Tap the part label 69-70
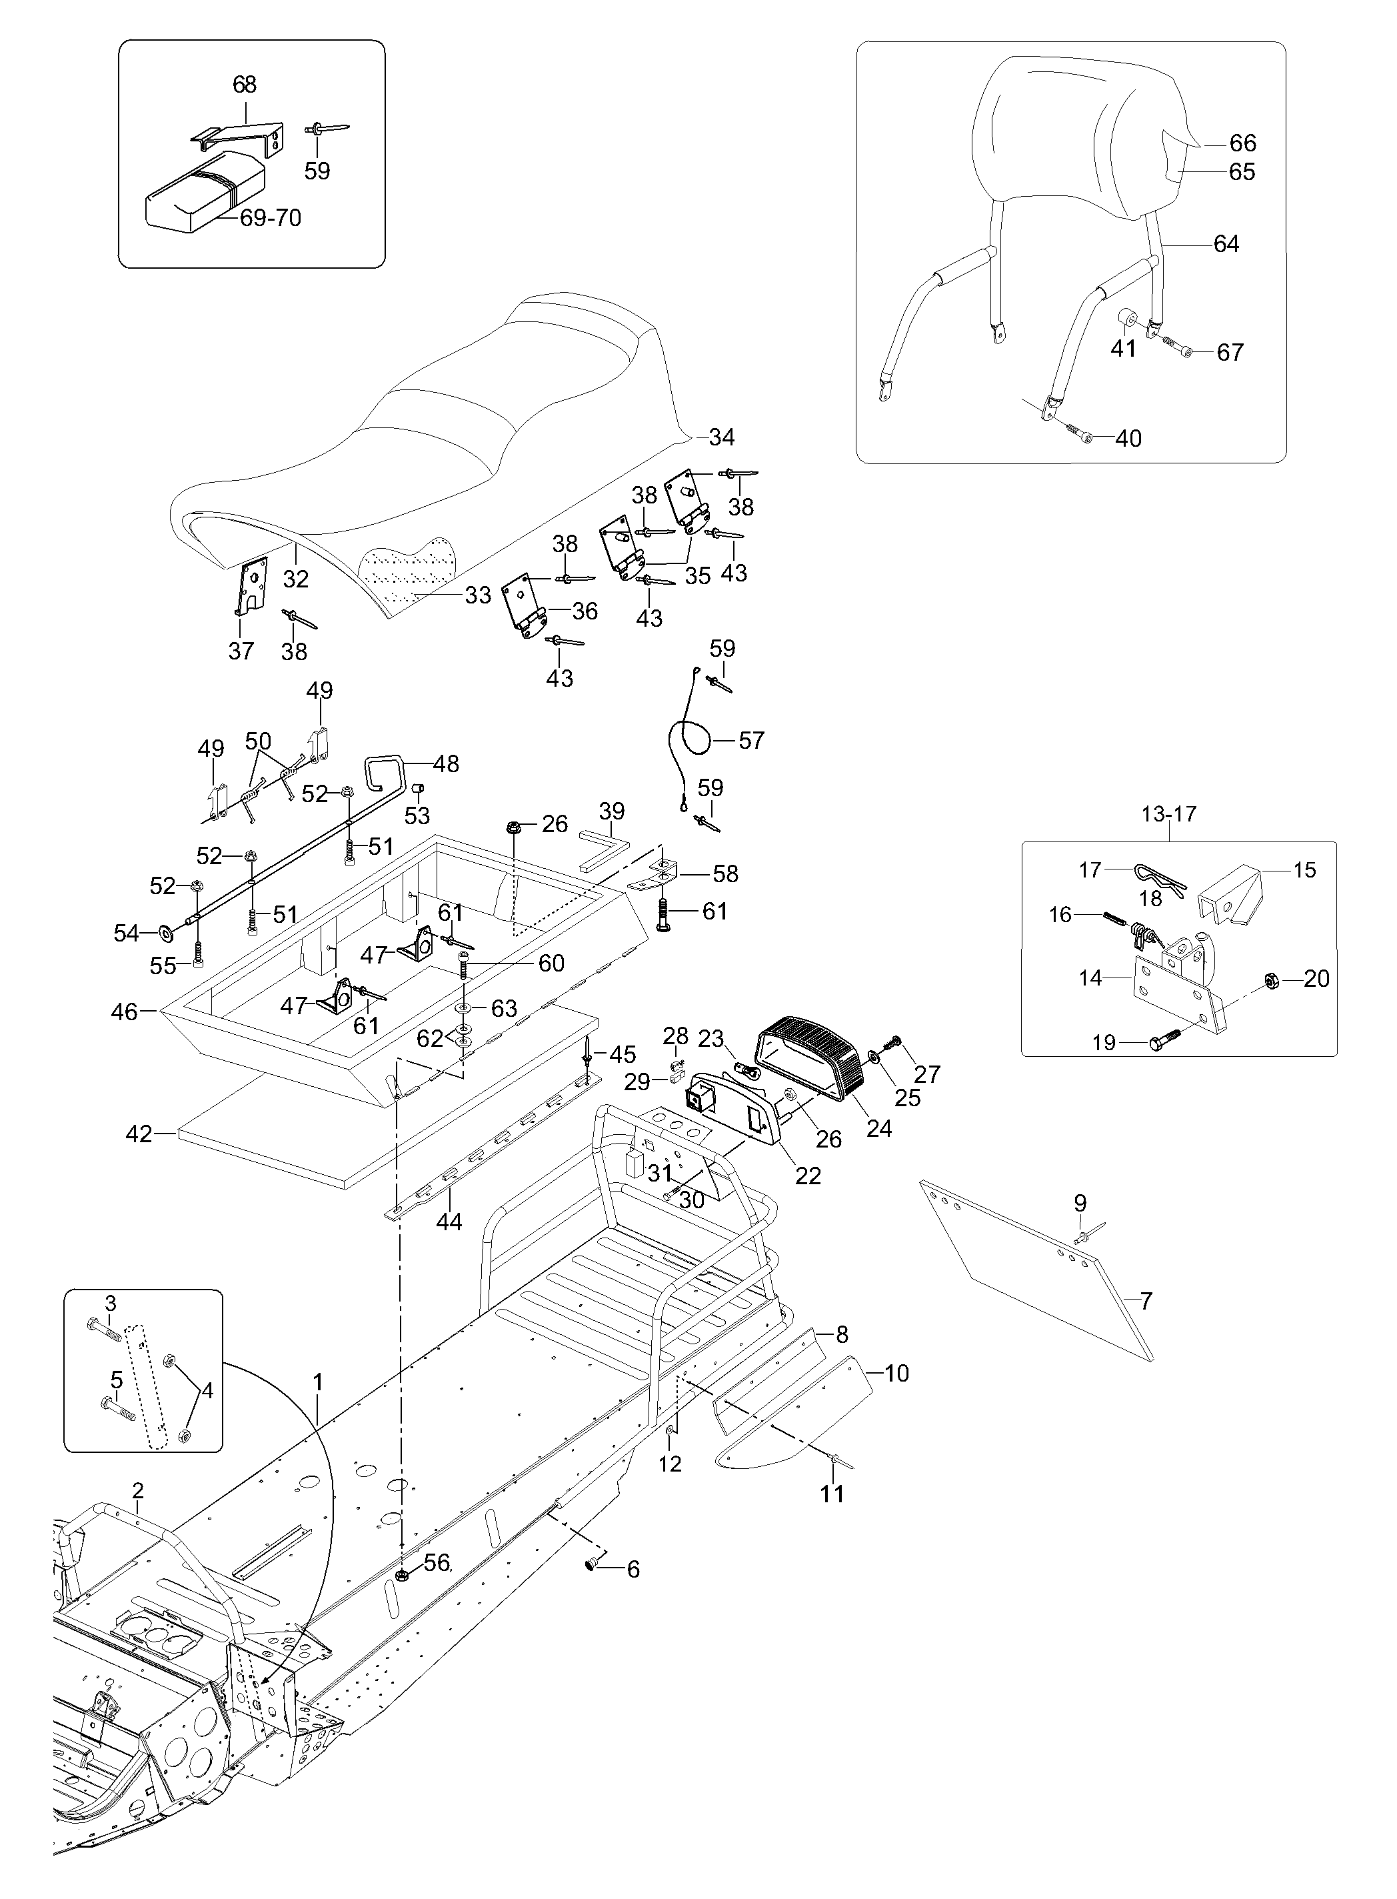pos(271,217)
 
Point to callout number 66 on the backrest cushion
pos(1243,142)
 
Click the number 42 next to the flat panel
pos(139,1134)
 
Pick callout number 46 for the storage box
pos(125,1011)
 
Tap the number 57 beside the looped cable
pos(751,740)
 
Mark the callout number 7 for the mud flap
pos(1146,1300)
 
